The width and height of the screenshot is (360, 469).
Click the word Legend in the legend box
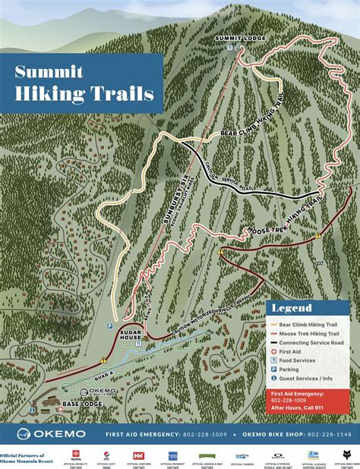[x=292, y=308]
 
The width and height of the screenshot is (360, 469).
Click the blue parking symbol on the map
[x=109, y=325]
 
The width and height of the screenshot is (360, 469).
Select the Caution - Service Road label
[x=223, y=176]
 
